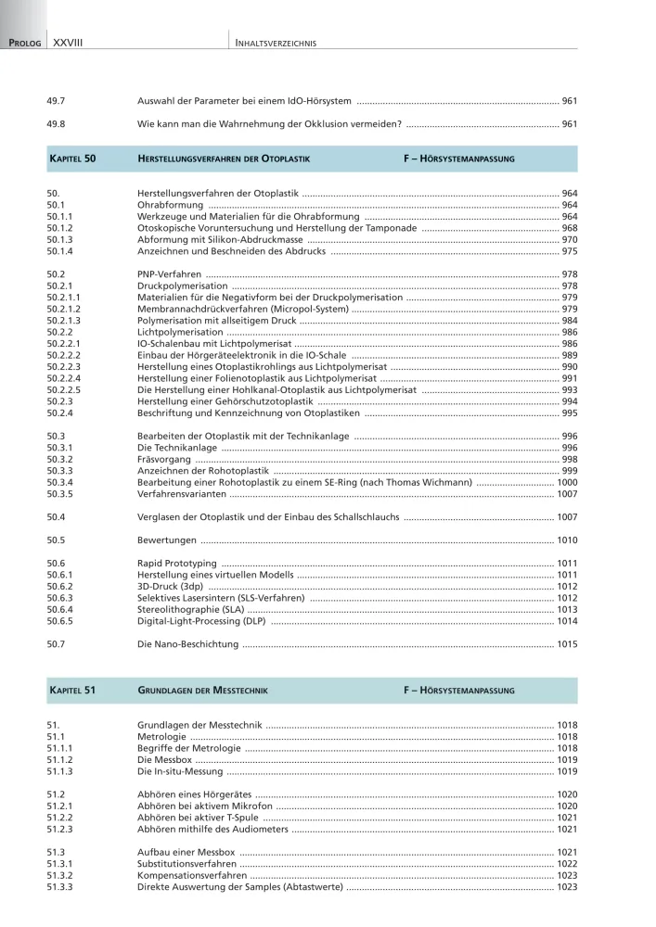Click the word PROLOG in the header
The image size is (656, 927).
tap(25, 43)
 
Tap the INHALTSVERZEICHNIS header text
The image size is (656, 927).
tap(277, 43)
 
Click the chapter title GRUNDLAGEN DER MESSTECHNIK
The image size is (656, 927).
tap(201, 691)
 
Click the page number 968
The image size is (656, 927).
tap(570, 228)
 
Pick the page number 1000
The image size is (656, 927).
tap(567, 483)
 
